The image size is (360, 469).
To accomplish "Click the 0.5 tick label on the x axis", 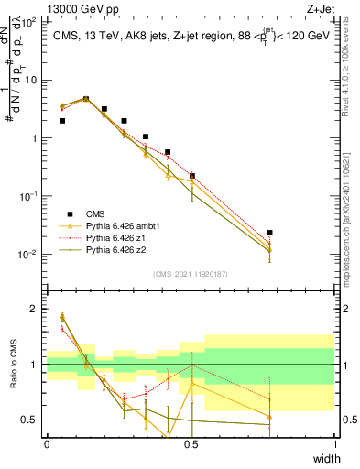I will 191,444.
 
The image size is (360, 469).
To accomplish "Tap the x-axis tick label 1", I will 334,444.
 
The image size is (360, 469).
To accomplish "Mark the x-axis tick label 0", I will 47,444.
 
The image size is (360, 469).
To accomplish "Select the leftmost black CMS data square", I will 61,120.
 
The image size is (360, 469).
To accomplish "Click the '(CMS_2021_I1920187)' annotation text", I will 191,274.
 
